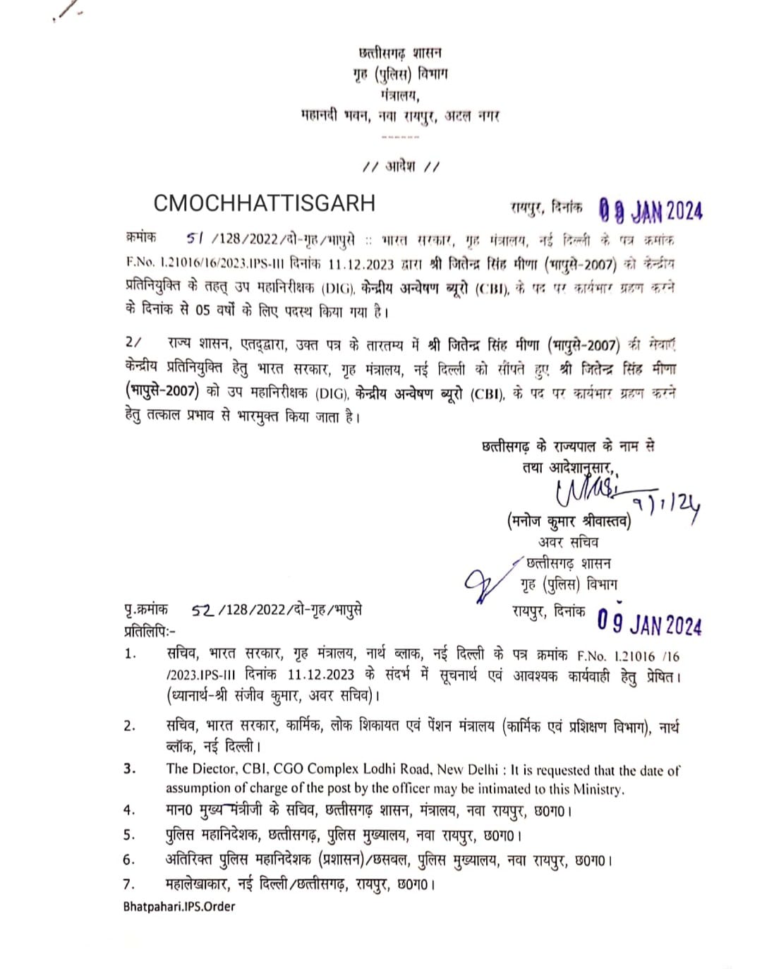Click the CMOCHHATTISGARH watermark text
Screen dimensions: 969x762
(264, 203)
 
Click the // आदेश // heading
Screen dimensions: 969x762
(401, 167)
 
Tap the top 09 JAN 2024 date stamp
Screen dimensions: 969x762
(651, 210)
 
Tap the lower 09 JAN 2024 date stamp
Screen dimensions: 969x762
(649, 623)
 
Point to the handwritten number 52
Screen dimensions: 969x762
(202, 610)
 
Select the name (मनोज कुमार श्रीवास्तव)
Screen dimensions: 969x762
(569, 522)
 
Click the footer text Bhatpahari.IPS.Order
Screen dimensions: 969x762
(179, 906)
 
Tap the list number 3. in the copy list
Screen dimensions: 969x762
(130, 769)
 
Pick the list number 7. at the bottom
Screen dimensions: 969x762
(129, 884)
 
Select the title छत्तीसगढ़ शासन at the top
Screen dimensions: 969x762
(400, 52)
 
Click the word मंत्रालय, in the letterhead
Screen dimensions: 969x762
(399, 95)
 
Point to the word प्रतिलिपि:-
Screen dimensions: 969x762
(150, 631)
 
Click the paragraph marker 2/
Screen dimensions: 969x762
(133, 343)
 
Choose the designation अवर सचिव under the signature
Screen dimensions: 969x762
(568, 542)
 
